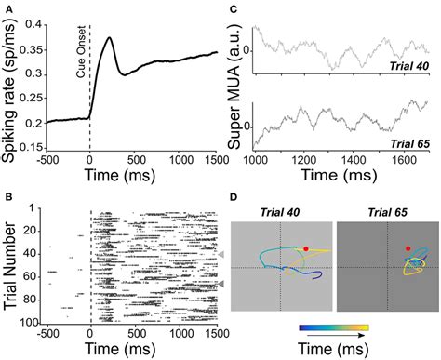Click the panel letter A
click(x=8, y=7)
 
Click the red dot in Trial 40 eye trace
click(x=306, y=249)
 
